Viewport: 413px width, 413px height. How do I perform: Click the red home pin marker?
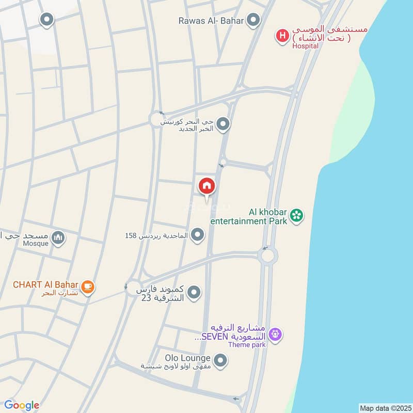[x=206, y=186]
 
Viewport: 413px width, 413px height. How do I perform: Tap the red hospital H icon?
[x=282, y=36]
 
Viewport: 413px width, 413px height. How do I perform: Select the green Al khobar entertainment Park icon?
[x=296, y=215]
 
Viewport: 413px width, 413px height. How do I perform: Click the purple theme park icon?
[x=276, y=335]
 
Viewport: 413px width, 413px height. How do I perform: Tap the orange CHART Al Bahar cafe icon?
[x=87, y=286]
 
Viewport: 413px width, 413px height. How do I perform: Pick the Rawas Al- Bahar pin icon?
[x=253, y=21]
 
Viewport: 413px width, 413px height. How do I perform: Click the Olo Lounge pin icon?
[x=220, y=361]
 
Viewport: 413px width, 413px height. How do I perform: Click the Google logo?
[x=21, y=405]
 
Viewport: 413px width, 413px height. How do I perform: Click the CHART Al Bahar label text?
[x=45, y=284]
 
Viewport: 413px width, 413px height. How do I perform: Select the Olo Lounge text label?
[x=187, y=358]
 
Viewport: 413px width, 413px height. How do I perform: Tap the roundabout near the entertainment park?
[x=268, y=255]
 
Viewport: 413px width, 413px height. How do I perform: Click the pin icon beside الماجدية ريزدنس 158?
[x=197, y=235]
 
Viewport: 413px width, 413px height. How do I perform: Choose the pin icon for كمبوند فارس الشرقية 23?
[x=194, y=293]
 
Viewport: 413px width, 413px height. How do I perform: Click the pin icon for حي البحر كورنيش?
[x=223, y=124]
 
